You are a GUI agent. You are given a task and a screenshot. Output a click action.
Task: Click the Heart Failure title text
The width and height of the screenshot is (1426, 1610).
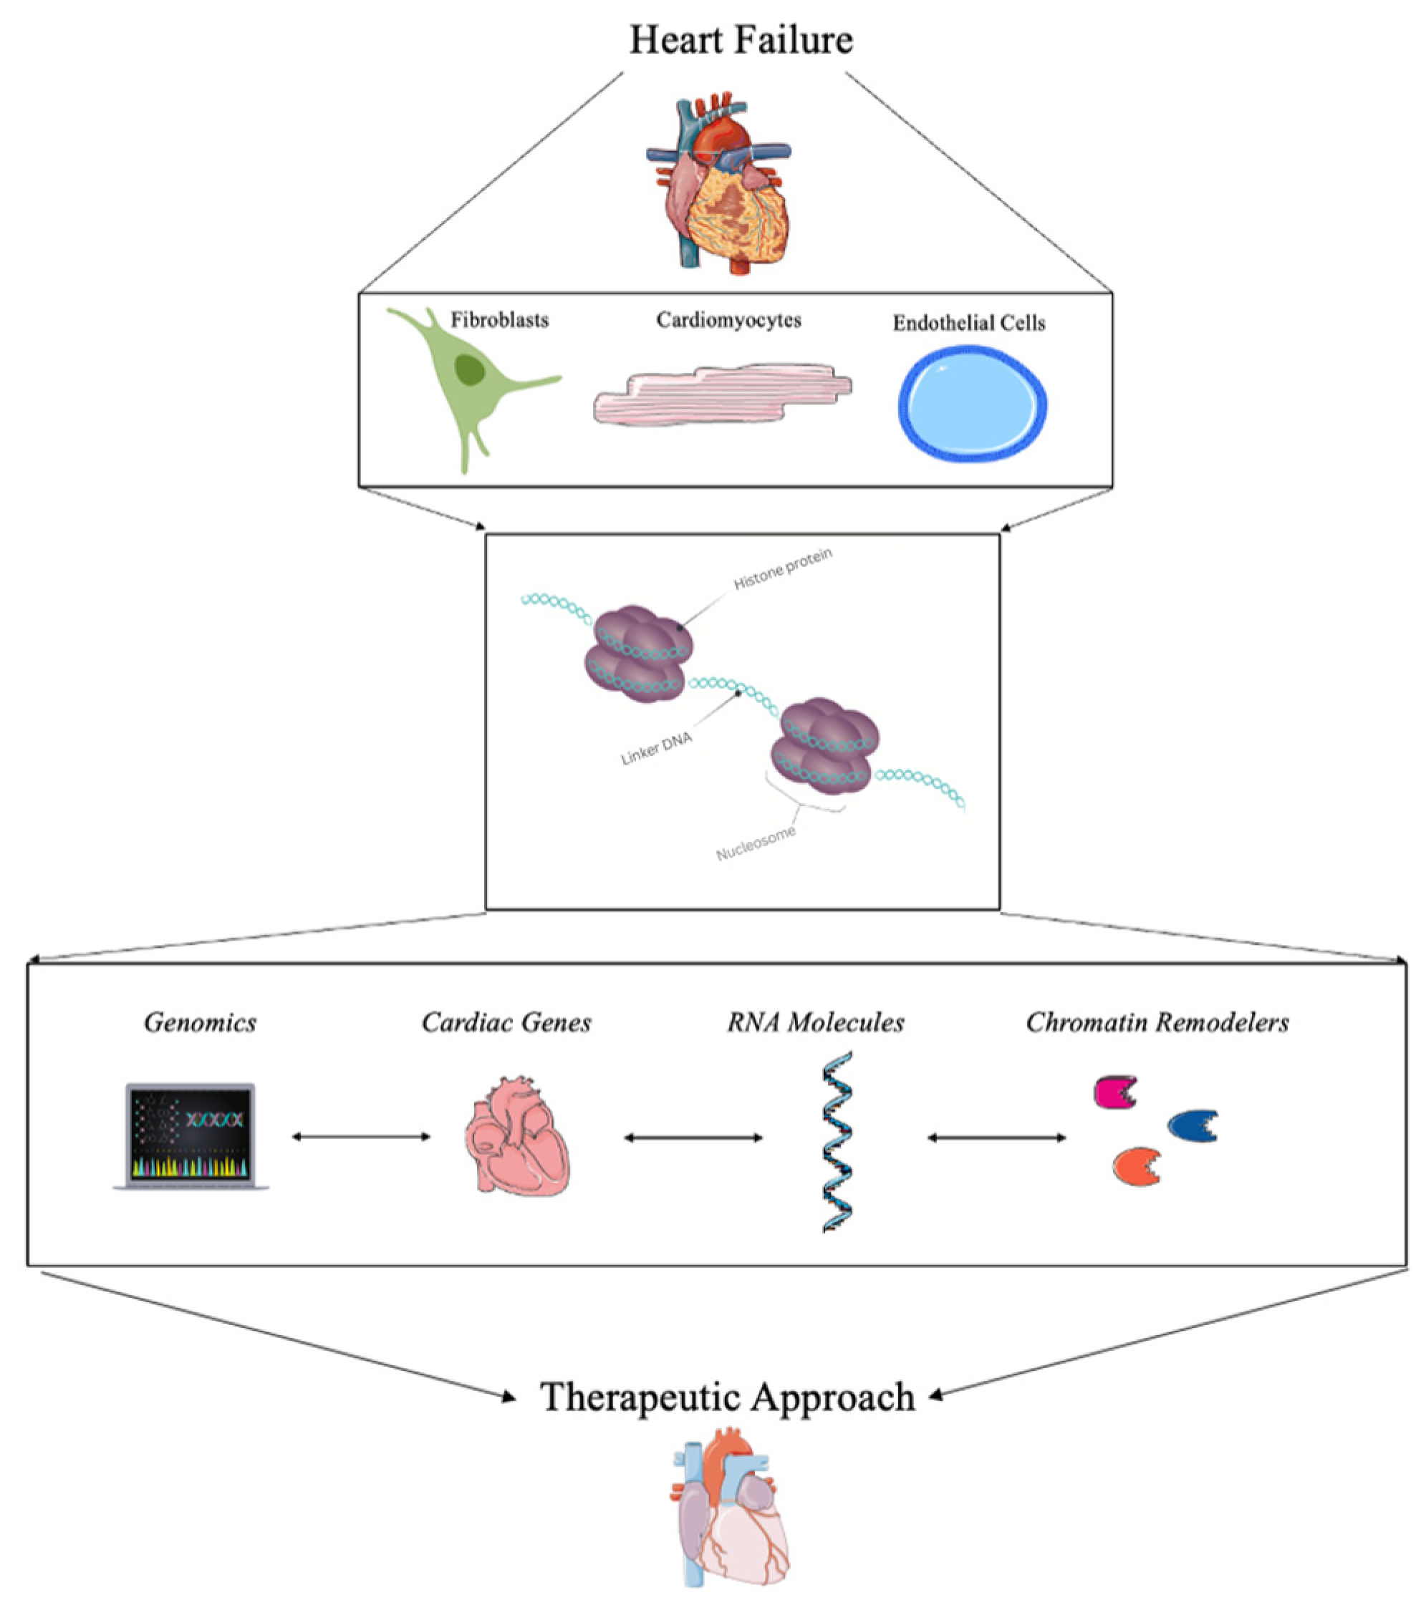click(741, 39)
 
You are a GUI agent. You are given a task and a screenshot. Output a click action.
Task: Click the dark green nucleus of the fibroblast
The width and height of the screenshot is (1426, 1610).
click(470, 369)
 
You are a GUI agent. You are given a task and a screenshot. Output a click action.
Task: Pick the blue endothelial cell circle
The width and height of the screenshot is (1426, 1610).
click(972, 403)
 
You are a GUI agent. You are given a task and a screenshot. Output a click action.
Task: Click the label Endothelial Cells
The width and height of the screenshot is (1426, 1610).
click(968, 323)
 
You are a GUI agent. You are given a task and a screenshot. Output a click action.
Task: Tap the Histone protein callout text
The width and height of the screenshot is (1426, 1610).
click(782, 568)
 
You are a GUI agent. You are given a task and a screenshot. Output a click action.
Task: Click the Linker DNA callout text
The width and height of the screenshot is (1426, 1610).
click(656, 747)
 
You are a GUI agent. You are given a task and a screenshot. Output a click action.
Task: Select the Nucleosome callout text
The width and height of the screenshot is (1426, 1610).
click(756, 842)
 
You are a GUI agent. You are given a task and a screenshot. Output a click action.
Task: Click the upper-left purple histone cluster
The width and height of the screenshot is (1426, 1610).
click(638, 654)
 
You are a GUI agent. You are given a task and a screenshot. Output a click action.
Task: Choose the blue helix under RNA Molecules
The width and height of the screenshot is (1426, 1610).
click(837, 1142)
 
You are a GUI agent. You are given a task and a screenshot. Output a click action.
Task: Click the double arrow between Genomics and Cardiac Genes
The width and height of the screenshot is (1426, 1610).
click(361, 1136)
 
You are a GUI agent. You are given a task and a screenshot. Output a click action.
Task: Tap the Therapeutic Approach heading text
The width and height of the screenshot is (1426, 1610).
click(726, 1397)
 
